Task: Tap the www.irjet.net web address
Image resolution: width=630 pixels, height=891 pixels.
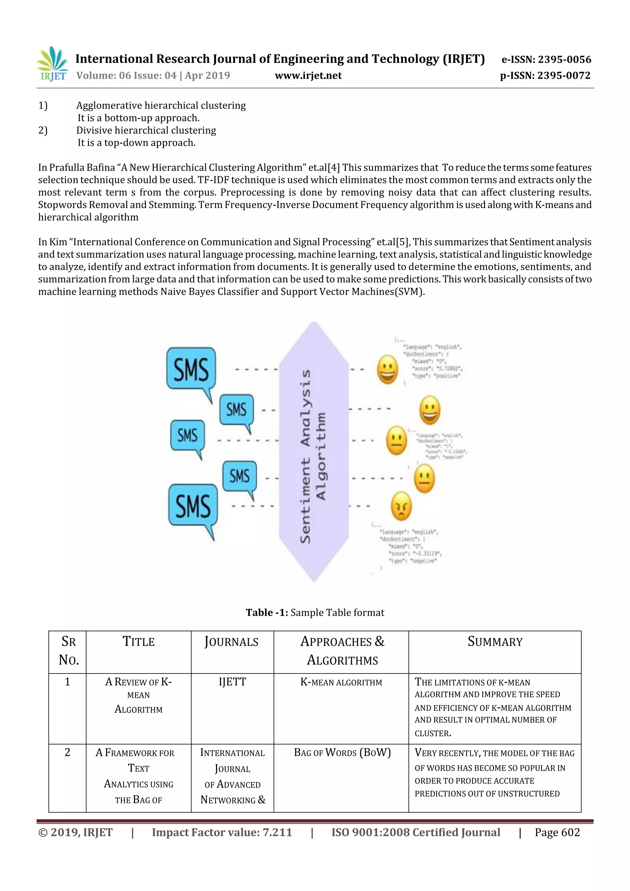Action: point(308,76)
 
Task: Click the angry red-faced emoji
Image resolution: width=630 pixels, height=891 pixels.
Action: point(401,506)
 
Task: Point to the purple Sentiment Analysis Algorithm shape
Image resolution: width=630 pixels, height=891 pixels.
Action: point(314,452)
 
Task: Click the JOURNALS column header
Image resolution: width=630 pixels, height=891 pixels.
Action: point(232,642)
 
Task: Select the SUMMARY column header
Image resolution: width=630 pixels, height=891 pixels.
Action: point(495,642)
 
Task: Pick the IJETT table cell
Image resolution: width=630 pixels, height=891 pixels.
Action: point(232,682)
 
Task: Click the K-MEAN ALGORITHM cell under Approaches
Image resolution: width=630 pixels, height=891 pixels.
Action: point(341,682)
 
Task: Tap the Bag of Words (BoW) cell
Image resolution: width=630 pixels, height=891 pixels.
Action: point(342,753)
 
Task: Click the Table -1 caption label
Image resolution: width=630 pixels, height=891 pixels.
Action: point(267,613)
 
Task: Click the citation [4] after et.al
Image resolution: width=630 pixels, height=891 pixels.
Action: point(333,168)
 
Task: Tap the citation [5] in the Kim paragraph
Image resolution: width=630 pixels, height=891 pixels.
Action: point(402,242)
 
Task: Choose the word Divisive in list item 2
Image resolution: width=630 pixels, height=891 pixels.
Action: point(94,130)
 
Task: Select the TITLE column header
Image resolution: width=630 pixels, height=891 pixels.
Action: point(138,642)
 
